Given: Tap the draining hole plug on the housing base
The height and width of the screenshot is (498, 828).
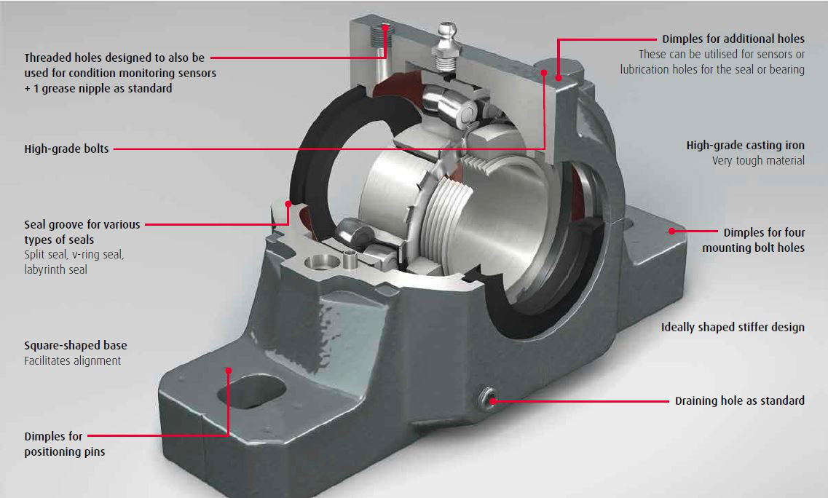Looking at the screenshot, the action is tap(487, 399).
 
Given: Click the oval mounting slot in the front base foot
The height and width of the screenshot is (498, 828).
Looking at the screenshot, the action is tap(252, 391).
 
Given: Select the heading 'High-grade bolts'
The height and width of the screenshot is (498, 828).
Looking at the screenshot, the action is tap(66, 149).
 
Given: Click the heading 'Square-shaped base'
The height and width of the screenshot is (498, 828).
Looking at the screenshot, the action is tap(76, 345).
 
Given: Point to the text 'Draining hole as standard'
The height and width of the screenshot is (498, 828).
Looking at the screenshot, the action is tap(740, 401).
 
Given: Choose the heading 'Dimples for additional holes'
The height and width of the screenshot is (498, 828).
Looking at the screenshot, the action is tap(733, 39).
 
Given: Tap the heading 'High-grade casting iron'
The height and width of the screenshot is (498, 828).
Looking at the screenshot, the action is tap(746, 145).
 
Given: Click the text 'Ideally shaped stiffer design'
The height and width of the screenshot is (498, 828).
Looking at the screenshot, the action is tap(733, 328).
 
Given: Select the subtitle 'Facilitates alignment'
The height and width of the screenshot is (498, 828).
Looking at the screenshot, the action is tap(72, 360).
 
